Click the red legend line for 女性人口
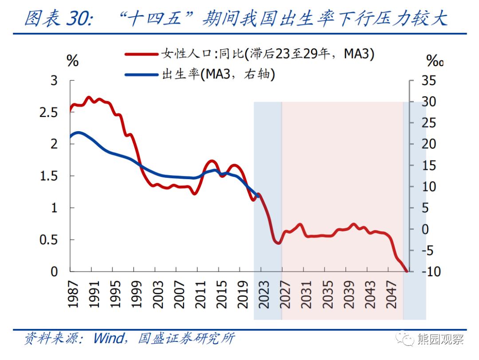[x=141, y=54]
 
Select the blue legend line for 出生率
[x=141, y=74]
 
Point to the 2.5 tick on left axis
[x=49, y=113]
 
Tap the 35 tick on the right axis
[x=428, y=81]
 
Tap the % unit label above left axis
[x=72, y=61]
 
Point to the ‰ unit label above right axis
[x=435, y=61]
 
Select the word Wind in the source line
[x=108, y=339]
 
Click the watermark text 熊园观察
[x=440, y=339]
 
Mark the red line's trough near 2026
[x=278, y=243]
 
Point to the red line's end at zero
[x=407, y=271]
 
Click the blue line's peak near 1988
[x=78, y=133]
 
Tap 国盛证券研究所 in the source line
[x=186, y=339]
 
